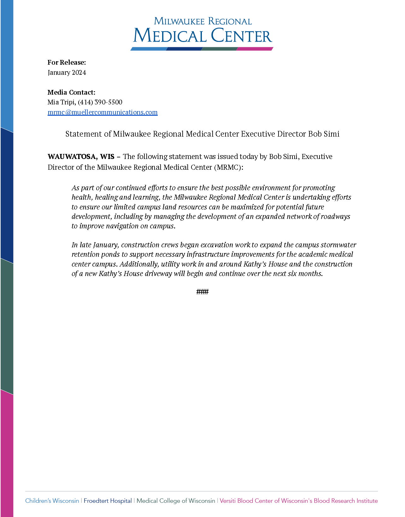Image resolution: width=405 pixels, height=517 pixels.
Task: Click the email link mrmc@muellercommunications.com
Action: [103, 112]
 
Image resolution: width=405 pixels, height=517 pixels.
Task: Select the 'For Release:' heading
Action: [67, 62]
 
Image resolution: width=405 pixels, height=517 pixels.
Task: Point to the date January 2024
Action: [67, 73]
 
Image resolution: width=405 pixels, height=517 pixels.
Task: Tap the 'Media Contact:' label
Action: [71, 92]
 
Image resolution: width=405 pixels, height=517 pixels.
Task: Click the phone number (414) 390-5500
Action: [100, 102]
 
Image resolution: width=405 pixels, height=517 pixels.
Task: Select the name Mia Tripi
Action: [62, 102]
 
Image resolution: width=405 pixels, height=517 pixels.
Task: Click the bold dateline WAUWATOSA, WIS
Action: [81, 157]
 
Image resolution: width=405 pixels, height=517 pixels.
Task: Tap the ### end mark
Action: [202, 292]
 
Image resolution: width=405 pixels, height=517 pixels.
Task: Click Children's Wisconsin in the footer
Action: [52, 501]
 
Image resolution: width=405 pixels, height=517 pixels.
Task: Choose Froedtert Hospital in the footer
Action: [108, 501]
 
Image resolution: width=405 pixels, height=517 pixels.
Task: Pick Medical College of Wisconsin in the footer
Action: [176, 501]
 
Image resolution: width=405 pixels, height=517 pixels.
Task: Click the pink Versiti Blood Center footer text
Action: [298, 501]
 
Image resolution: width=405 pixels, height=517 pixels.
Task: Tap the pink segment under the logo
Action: [255, 49]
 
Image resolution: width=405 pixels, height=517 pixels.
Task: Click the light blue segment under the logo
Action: [149, 49]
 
